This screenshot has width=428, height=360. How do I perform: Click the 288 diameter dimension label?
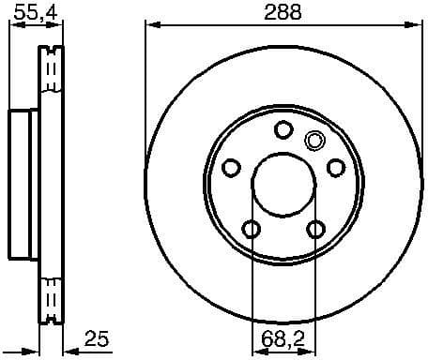click(x=282, y=12)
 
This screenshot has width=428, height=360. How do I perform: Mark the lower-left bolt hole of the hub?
click(x=251, y=229)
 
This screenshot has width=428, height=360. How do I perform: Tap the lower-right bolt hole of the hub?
click(x=316, y=229)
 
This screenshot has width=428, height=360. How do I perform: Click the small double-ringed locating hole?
click(x=314, y=142)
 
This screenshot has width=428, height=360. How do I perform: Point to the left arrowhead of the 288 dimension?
click(x=151, y=26)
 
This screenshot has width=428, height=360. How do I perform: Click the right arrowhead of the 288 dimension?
click(x=414, y=26)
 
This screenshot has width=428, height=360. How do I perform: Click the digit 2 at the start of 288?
click(x=268, y=12)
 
